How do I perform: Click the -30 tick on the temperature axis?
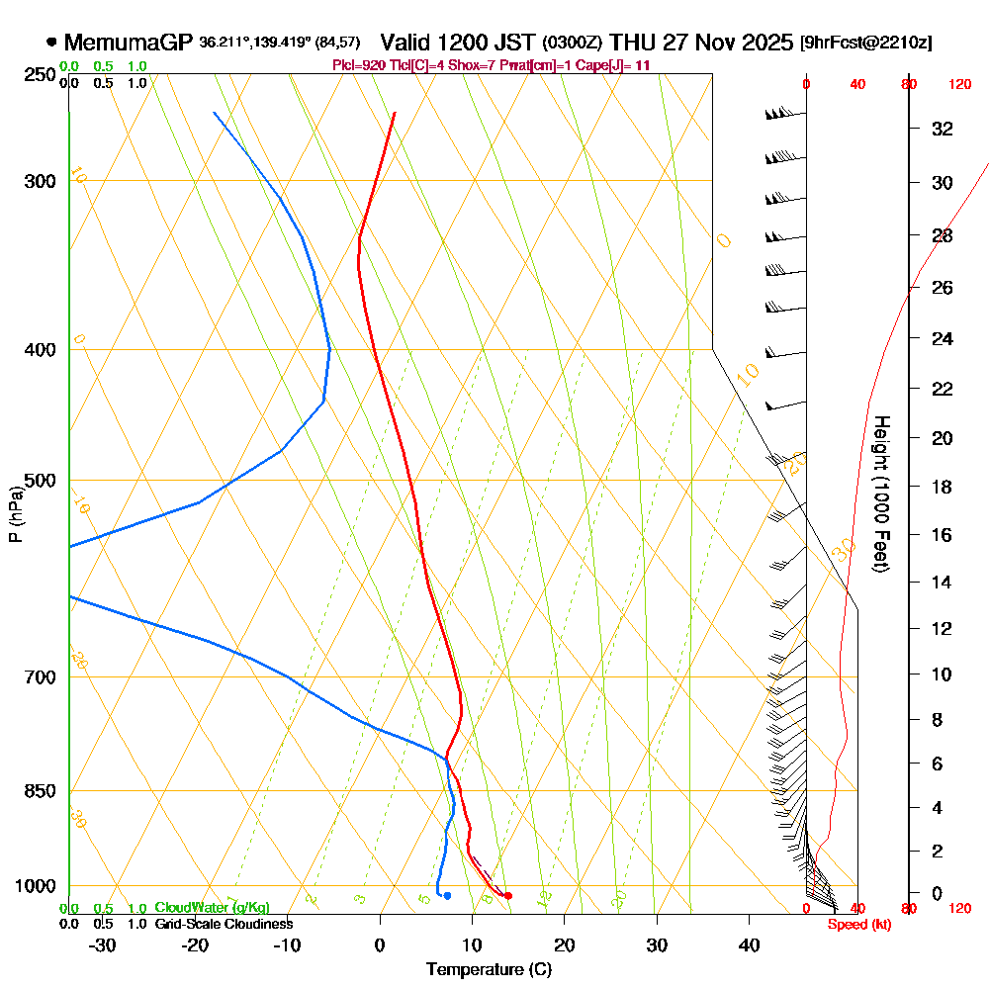tap(103, 944)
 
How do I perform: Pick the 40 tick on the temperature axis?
tap(749, 944)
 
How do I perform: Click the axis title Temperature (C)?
tap(489, 970)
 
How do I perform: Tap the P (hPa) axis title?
tap(16, 513)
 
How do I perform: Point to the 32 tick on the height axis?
tap(942, 129)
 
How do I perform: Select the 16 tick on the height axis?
tap(942, 535)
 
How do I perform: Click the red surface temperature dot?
tap(508, 896)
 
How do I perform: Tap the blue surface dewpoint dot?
tap(448, 896)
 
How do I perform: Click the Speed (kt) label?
tap(857, 924)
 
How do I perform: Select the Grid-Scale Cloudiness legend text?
tap(224, 924)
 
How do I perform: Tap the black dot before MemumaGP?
tap(51, 43)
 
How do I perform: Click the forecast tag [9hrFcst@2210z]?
tap(866, 43)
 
